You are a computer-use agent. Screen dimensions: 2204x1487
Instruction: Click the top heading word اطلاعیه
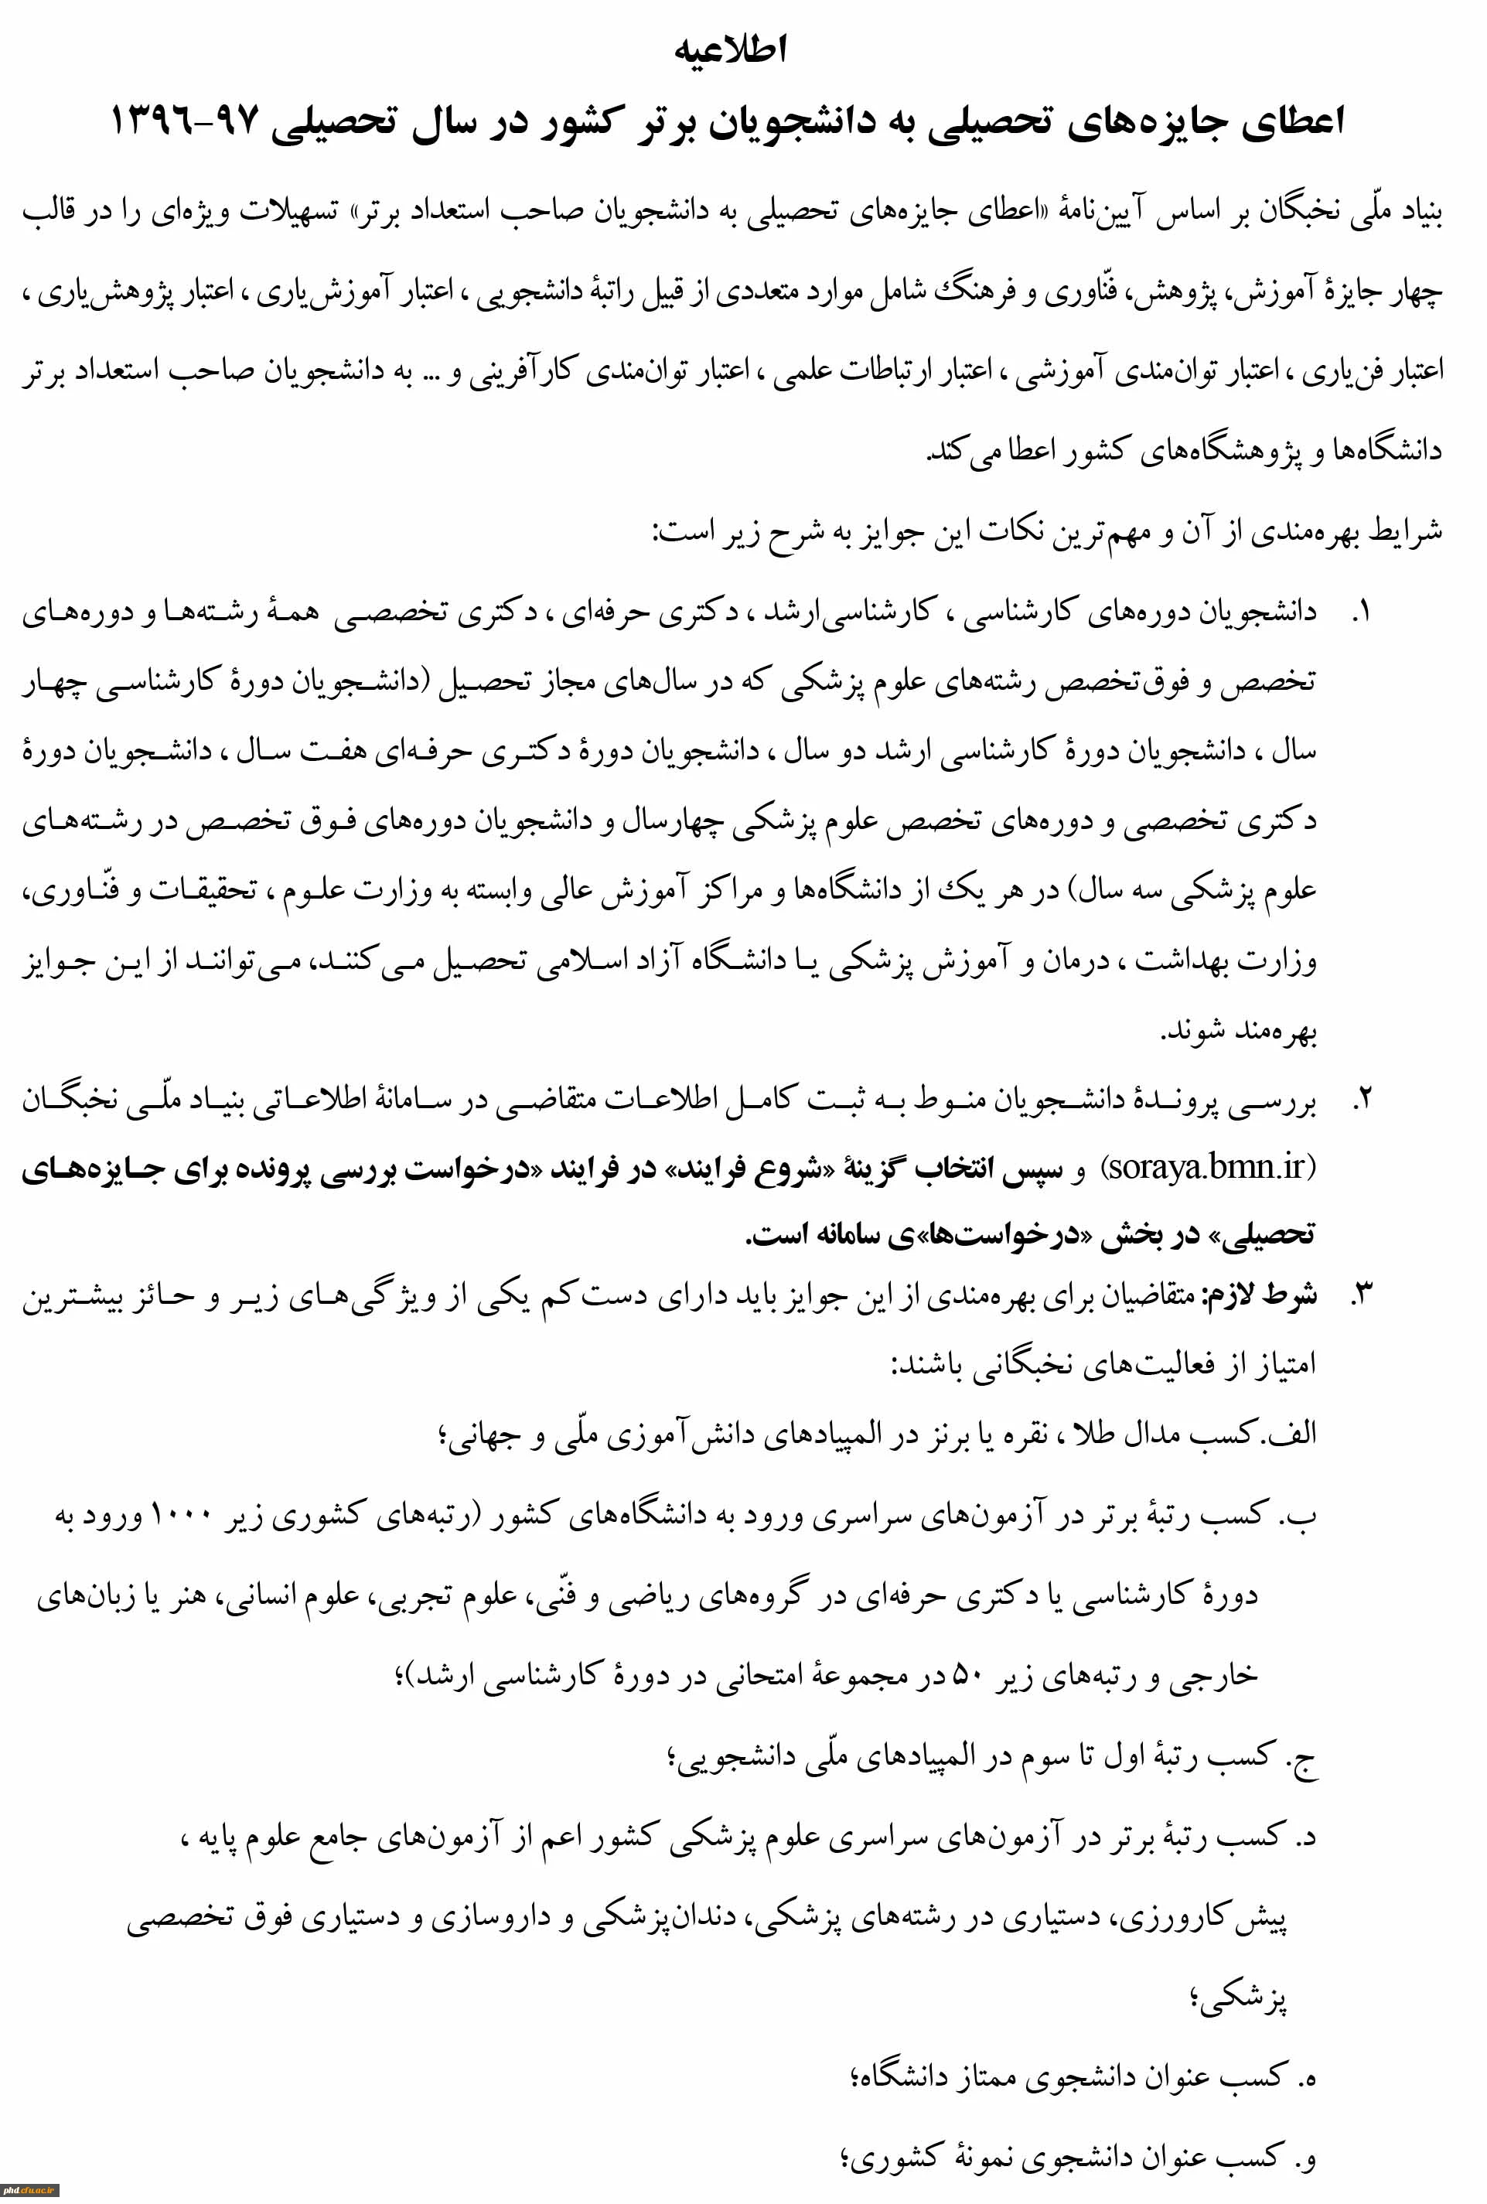(x=730, y=49)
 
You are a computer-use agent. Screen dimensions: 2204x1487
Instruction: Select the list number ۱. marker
(x=1361, y=612)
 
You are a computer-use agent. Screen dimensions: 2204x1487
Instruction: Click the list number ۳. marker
(x=1362, y=1295)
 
